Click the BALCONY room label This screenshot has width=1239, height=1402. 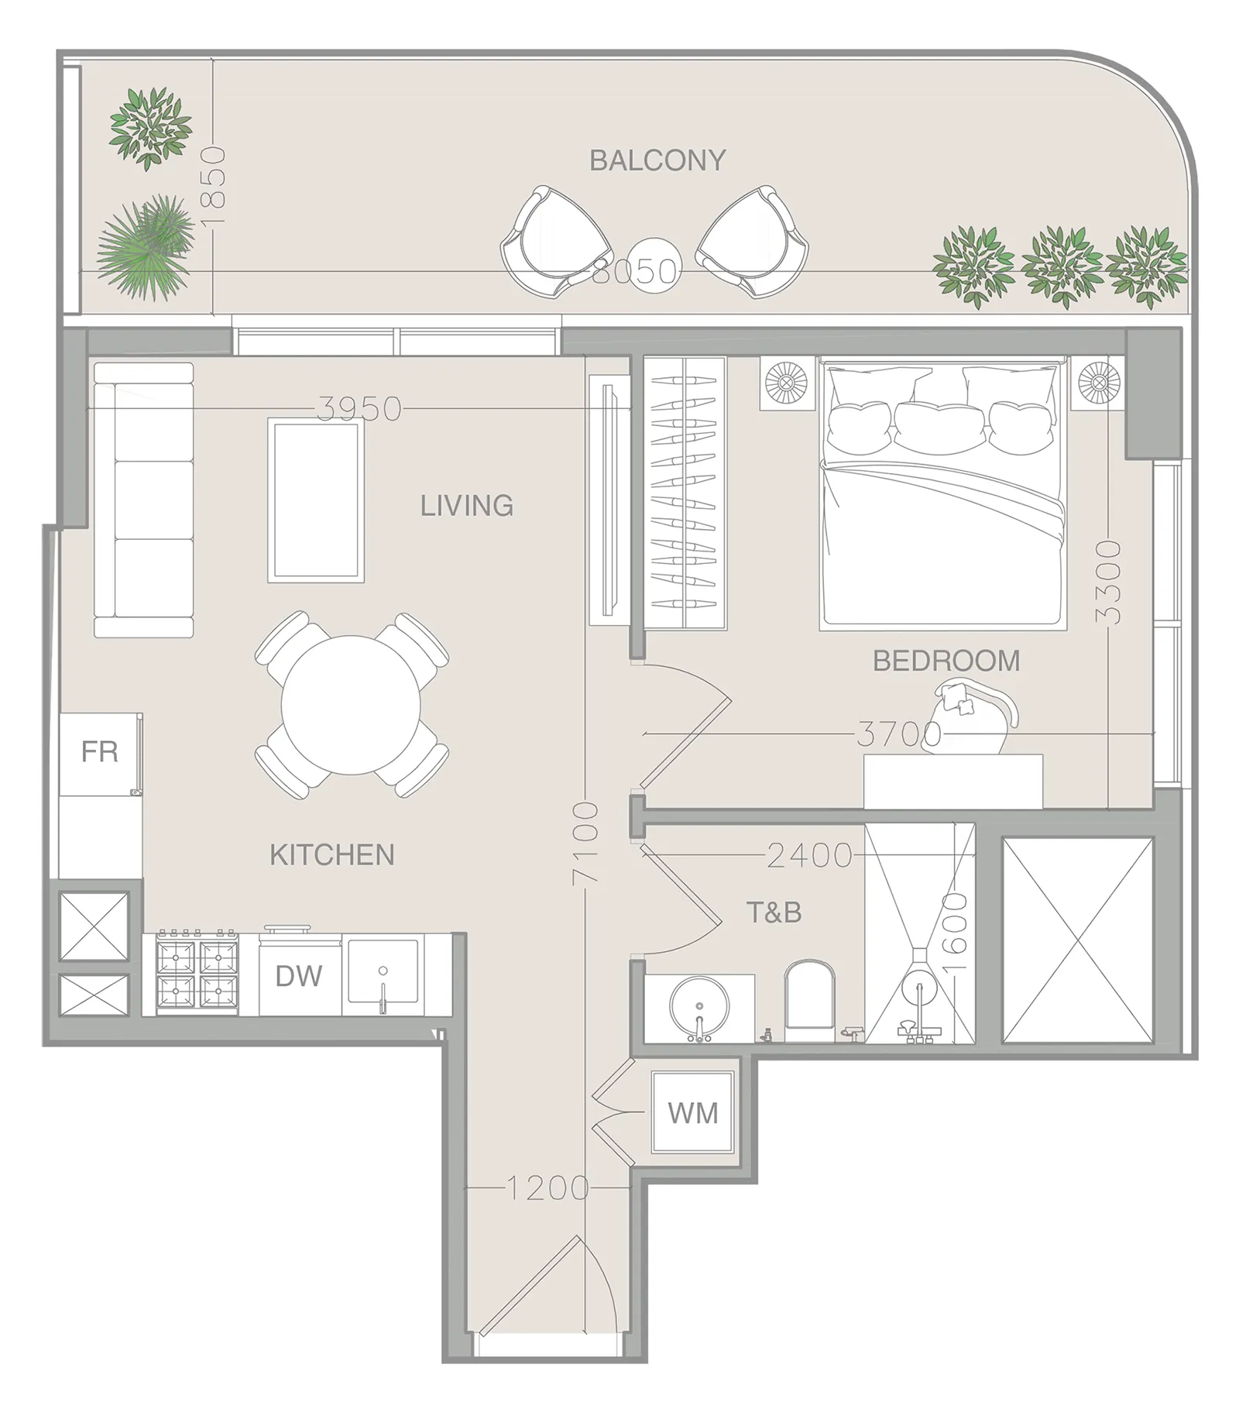[x=657, y=160]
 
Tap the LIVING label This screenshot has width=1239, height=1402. [x=467, y=506]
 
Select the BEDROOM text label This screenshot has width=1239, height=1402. [x=946, y=661]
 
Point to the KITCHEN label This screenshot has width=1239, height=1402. [x=332, y=855]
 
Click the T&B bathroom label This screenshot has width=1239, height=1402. [x=774, y=912]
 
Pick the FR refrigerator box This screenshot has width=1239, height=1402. [x=101, y=754]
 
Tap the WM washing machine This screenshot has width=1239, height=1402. [x=693, y=1113]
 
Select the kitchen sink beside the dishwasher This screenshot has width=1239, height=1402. [x=383, y=974]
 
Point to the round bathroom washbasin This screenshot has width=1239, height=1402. [x=699, y=1008]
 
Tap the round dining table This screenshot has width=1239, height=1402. [x=351, y=704]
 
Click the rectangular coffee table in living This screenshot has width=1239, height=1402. [x=316, y=500]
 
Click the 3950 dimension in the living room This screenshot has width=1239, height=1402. [x=360, y=408]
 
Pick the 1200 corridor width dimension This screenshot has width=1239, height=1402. [x=548, y=1187]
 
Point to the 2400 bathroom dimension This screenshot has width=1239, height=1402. [x=810, y=855]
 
